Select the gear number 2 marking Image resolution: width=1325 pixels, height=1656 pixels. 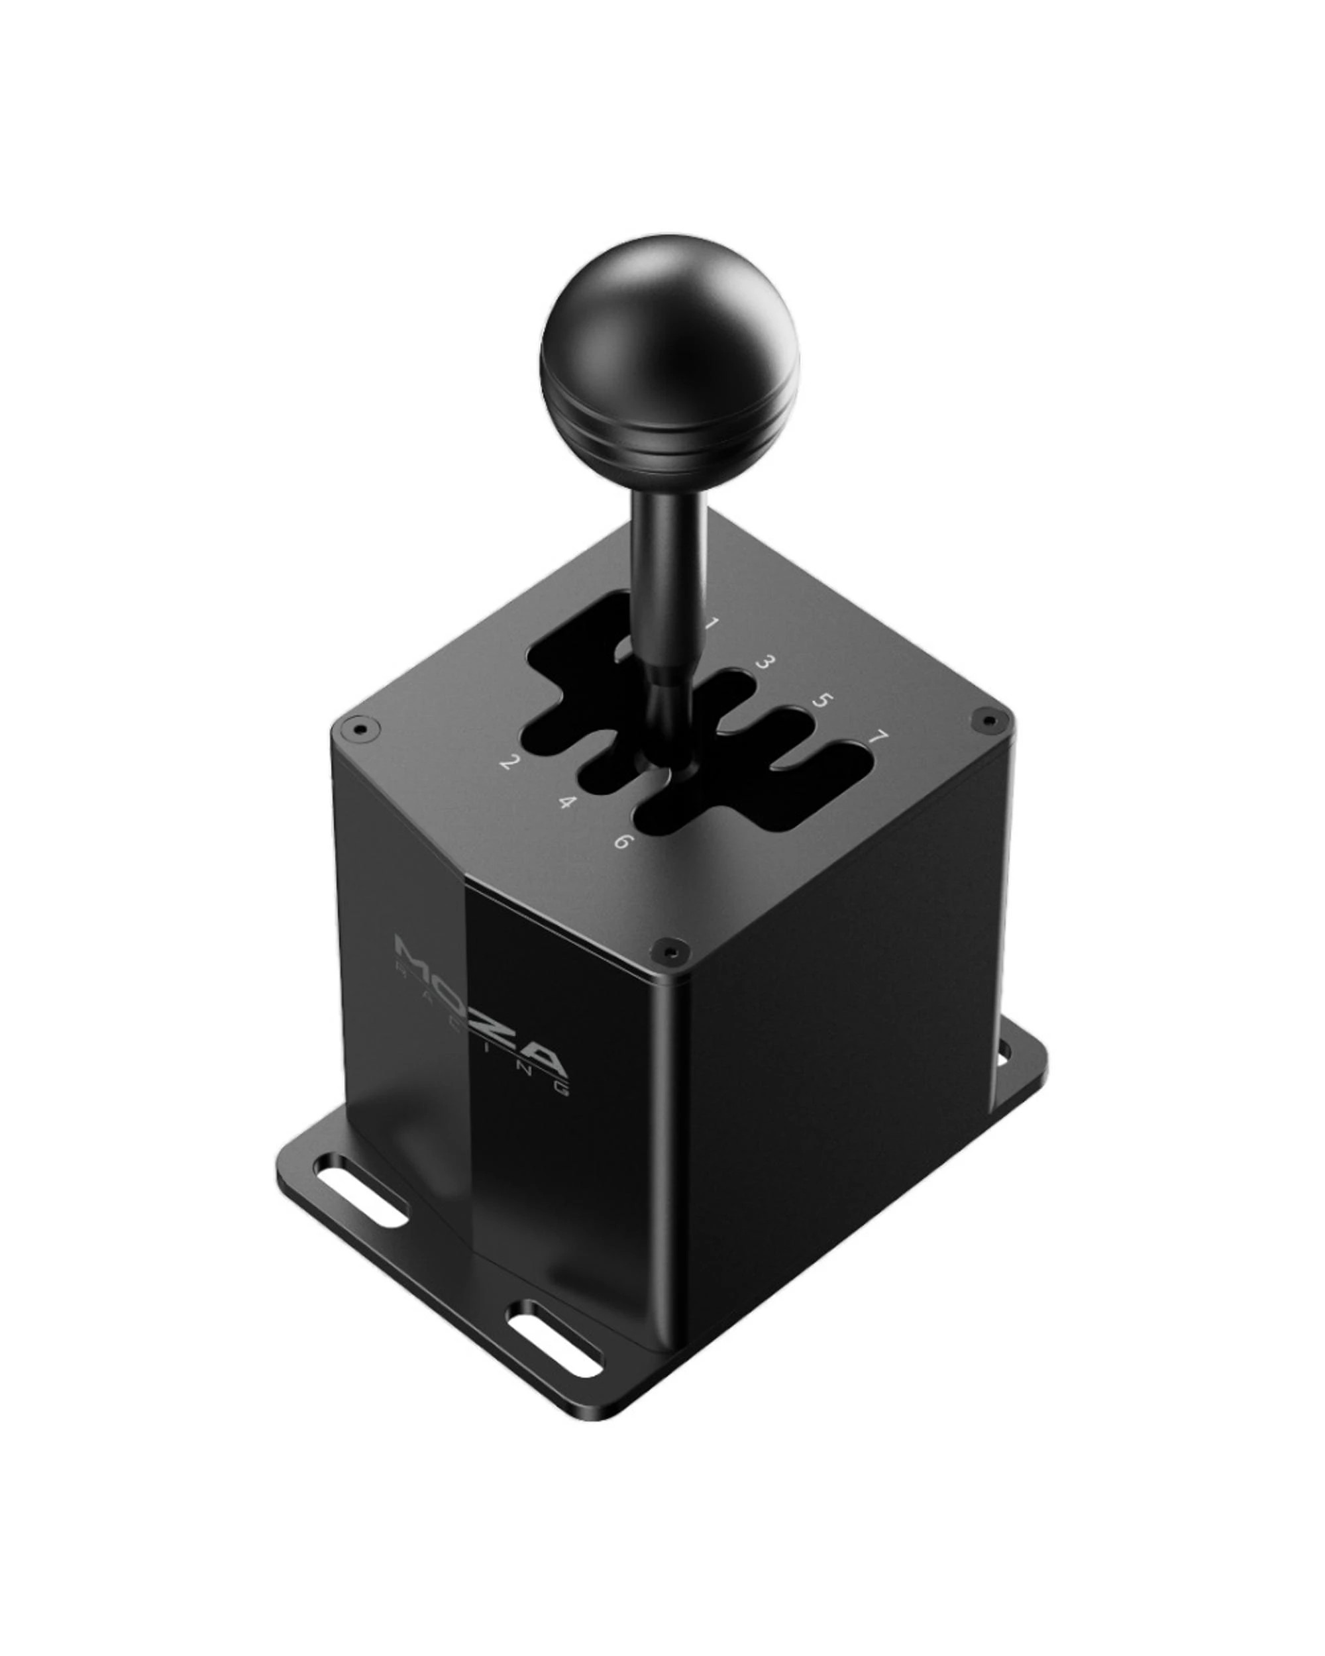point(507,762)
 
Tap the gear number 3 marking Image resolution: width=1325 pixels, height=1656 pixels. point(765,662)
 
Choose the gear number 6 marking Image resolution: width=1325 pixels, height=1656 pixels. point(623,841)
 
